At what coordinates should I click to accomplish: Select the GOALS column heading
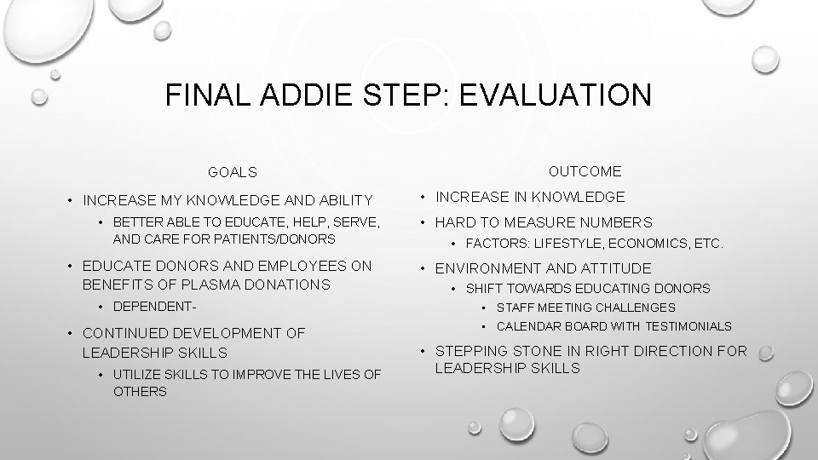232,173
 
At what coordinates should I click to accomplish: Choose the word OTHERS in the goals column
140,392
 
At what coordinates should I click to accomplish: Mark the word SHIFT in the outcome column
482,289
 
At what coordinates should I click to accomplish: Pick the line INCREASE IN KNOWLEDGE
530,197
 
